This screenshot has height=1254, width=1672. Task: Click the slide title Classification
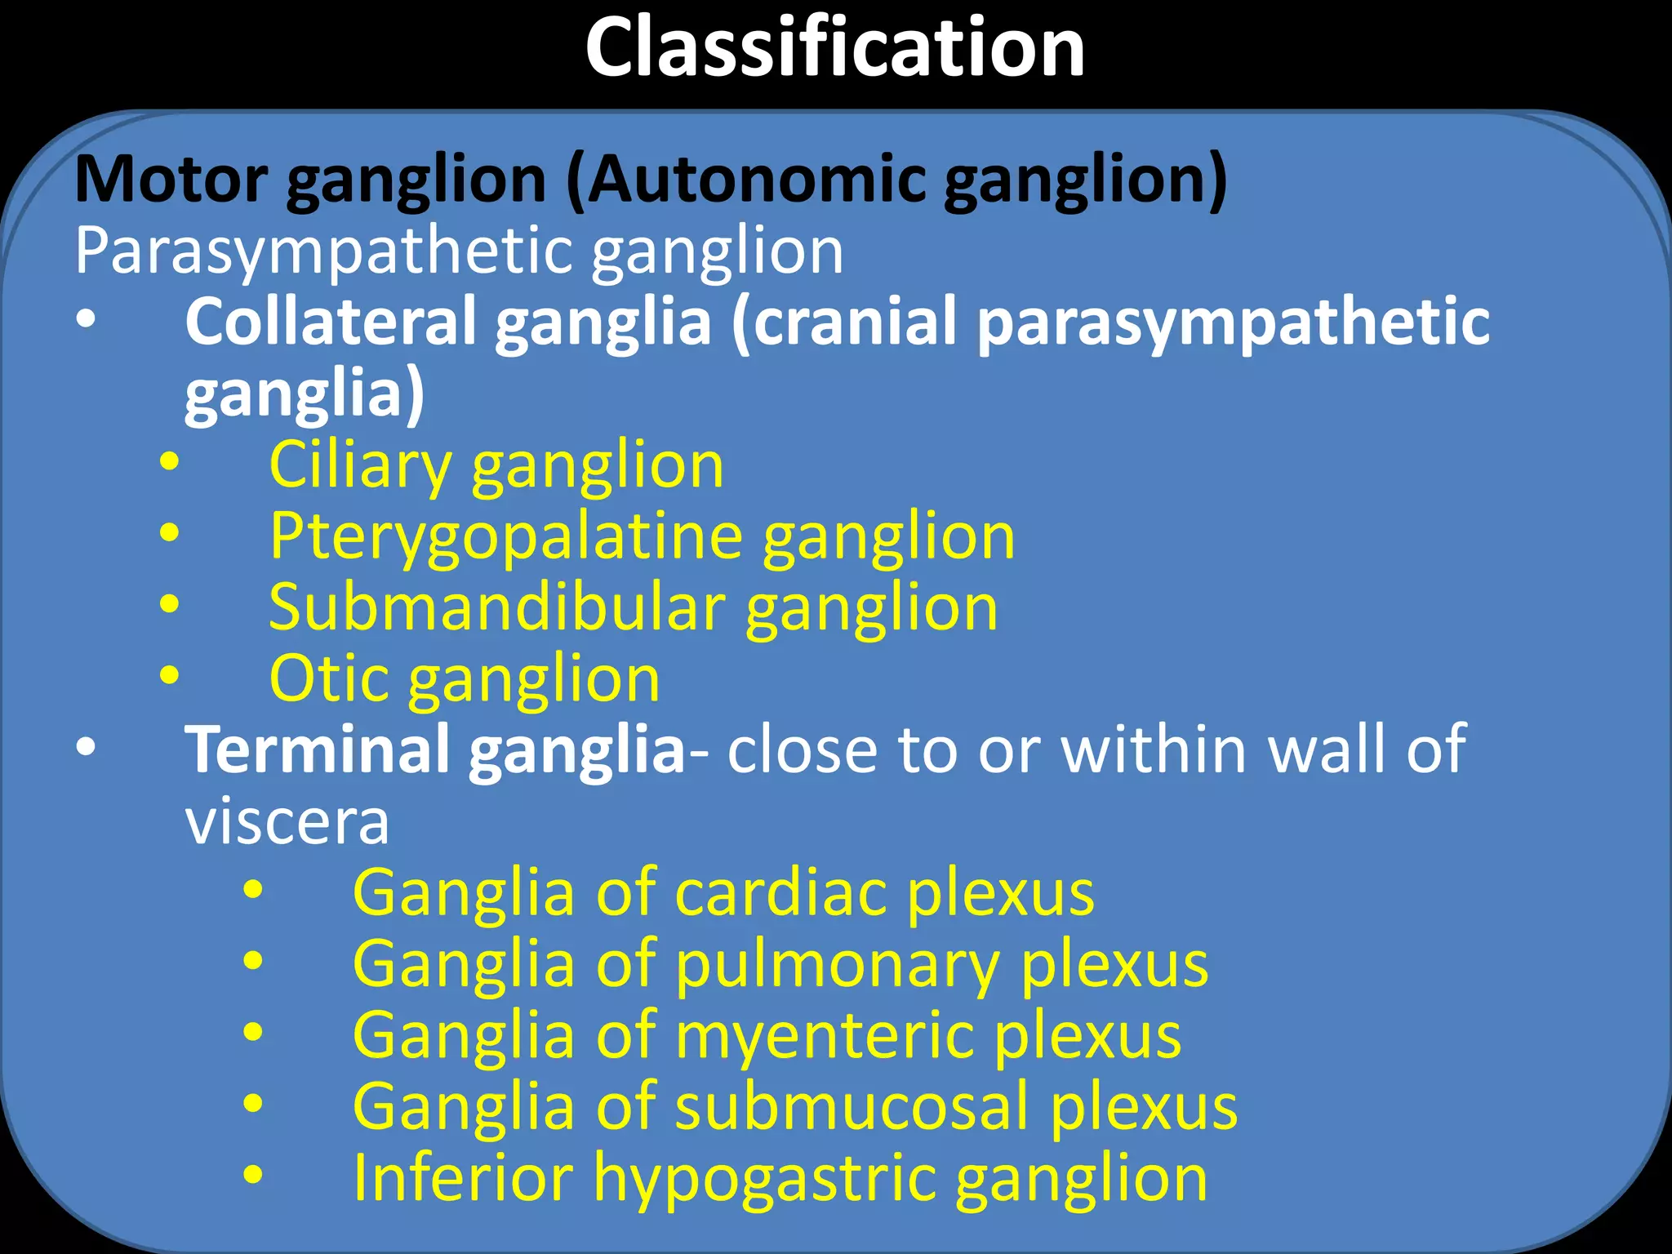(834, 49)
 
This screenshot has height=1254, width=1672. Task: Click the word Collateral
(330, 322)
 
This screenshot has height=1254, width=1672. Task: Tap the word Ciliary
(360, 465)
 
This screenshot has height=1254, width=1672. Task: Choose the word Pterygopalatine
(506, 537)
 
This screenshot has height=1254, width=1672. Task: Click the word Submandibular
(496, 608)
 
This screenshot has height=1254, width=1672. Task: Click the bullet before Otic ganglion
(170, 675)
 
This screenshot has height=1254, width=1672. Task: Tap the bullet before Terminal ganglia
(86, 746)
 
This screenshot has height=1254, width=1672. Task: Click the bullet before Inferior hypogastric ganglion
(253, 1175)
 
